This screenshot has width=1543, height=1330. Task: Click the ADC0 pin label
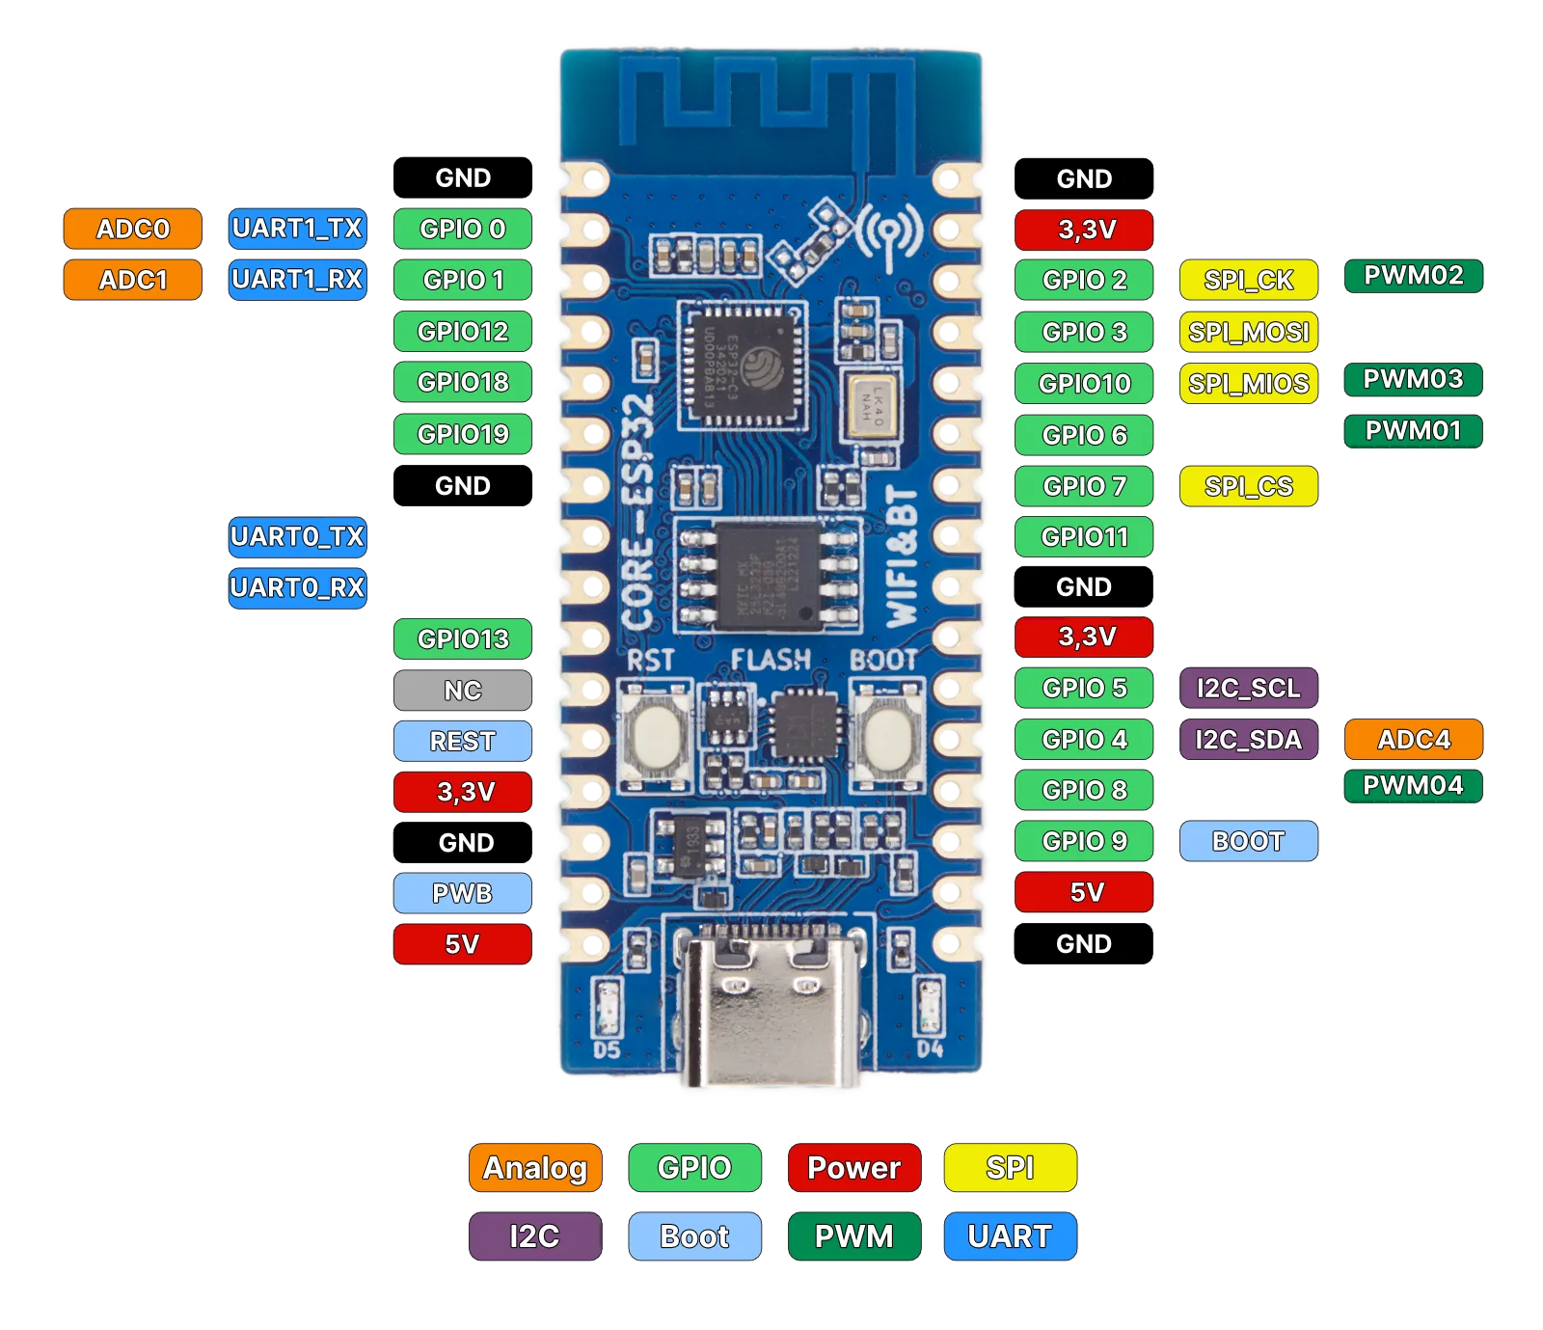133,229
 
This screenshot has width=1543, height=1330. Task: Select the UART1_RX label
297,280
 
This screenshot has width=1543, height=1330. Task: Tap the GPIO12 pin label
463,332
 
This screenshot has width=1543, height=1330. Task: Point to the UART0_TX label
297,536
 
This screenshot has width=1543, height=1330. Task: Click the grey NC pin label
463,691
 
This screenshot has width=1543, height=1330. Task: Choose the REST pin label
463,742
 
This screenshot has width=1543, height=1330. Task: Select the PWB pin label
463,894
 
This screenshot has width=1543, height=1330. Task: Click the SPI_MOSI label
1249,333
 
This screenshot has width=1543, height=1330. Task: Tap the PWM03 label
1413,379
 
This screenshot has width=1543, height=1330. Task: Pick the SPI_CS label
1249,487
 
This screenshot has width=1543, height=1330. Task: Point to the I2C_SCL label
1249,689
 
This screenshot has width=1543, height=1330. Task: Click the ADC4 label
1413,740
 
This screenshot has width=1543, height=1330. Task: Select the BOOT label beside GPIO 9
1249,841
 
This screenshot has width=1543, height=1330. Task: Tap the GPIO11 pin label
1084,537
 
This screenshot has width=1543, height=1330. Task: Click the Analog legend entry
535,1168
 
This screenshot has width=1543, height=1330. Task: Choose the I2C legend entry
535,1236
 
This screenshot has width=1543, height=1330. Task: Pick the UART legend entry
1010,1236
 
